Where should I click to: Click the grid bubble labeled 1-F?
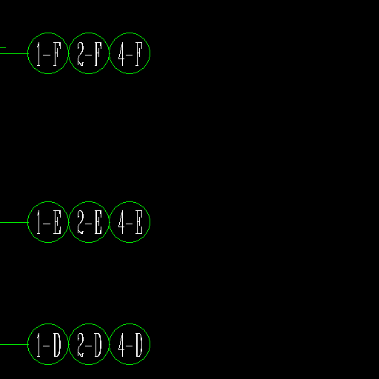tap(48, 33)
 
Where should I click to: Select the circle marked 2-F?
tap(89, 33)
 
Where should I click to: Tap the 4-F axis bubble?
tap(130, 33)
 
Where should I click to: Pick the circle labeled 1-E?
tap(48, 201)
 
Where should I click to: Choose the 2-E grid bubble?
tap(89, 201)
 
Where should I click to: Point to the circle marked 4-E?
tap(130, 201)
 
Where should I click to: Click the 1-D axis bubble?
tap(48, 323)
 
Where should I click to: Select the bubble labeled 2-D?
tap(89, 323)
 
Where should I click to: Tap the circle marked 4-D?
tap(130, 323)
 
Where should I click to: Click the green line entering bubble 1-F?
tap(14, 53)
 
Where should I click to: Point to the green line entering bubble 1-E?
tap(14, 222)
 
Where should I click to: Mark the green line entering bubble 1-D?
tap(14, 344)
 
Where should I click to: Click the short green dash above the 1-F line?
tap(3, 47)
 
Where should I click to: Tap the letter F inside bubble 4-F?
tap(139, 54)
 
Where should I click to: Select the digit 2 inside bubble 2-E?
tap(81, 222)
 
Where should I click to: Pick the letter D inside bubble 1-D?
tap(57, 345)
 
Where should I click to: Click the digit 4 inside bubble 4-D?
tap(121, 345)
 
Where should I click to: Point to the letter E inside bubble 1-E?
tap(57, 222)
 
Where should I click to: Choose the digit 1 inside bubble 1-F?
tap(38, 54)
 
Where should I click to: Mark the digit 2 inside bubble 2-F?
tap(81, 54)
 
